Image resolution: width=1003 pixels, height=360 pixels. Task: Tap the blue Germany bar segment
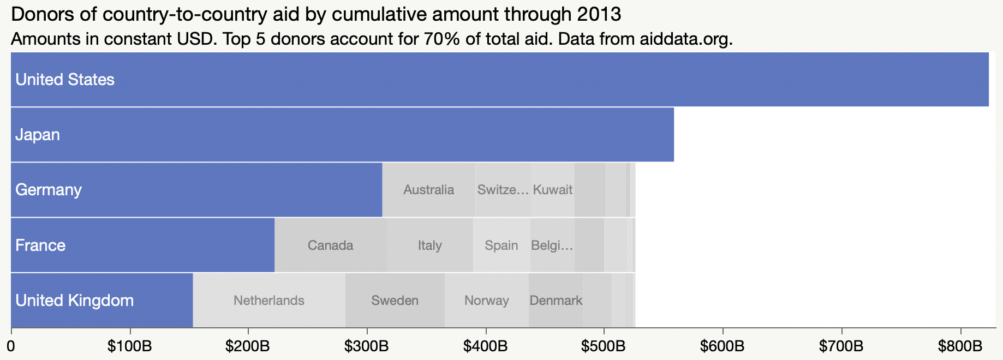pyautogui.click(x=196, y=190)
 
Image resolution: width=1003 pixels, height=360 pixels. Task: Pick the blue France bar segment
pyautogui.click(x=142, y=245)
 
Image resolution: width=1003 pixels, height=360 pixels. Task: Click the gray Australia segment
pyautogui.click(x=428, y=190)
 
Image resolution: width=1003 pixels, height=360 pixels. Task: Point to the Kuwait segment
pyautogui.click(x=553, y=190)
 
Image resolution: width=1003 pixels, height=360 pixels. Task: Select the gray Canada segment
pyautogui.click(x=330, y=245)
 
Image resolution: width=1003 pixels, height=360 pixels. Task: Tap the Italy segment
pyautogui.click(x=430, y=245)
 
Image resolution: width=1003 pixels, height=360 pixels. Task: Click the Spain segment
pyautogui.click(x=502, y=245)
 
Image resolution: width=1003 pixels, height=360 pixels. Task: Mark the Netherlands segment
pyautogui.click(x=269, y=301)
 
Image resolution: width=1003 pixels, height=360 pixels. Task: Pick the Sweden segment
pyautogui.click(x=395, y=301)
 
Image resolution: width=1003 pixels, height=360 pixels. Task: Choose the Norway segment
pyautogui.click(x=486, y=301)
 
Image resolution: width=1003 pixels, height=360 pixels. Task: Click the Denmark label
pyautogui.click(x=556, y=301)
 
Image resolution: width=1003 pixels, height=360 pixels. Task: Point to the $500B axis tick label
pyautogui.click(x=604, y=346)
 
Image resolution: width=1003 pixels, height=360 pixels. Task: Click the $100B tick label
pyautogui.click(x=130, y=346)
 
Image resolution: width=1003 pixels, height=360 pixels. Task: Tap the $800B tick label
pyautogui.click(x=960, y=346)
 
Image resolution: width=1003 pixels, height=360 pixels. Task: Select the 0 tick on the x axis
pyautogui.click(x=11, y=346)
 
